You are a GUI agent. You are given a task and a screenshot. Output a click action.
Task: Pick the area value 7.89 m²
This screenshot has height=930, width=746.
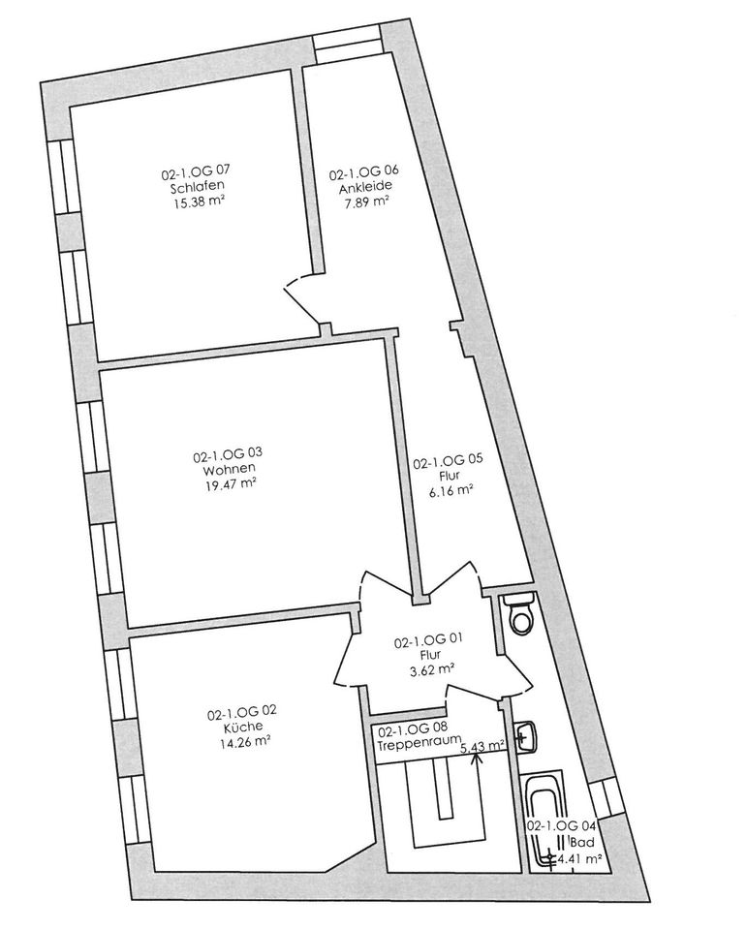[x=365, y=202]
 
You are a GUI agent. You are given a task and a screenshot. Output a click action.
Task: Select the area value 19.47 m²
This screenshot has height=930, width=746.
[x=229, y=485]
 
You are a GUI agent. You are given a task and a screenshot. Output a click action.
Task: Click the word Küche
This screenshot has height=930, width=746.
[x=242, y=728]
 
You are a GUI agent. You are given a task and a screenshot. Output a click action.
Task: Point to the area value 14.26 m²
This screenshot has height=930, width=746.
[x=243, y=743]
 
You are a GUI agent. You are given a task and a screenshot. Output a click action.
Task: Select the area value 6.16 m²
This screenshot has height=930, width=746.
[x=450, y=490]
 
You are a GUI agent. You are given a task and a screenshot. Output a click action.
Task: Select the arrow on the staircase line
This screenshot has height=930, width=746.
[x=476, y=757]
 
